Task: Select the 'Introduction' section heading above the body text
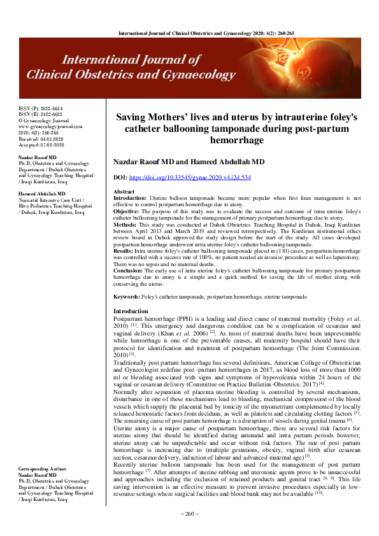coord(131,311)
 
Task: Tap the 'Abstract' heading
coord(124,192)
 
